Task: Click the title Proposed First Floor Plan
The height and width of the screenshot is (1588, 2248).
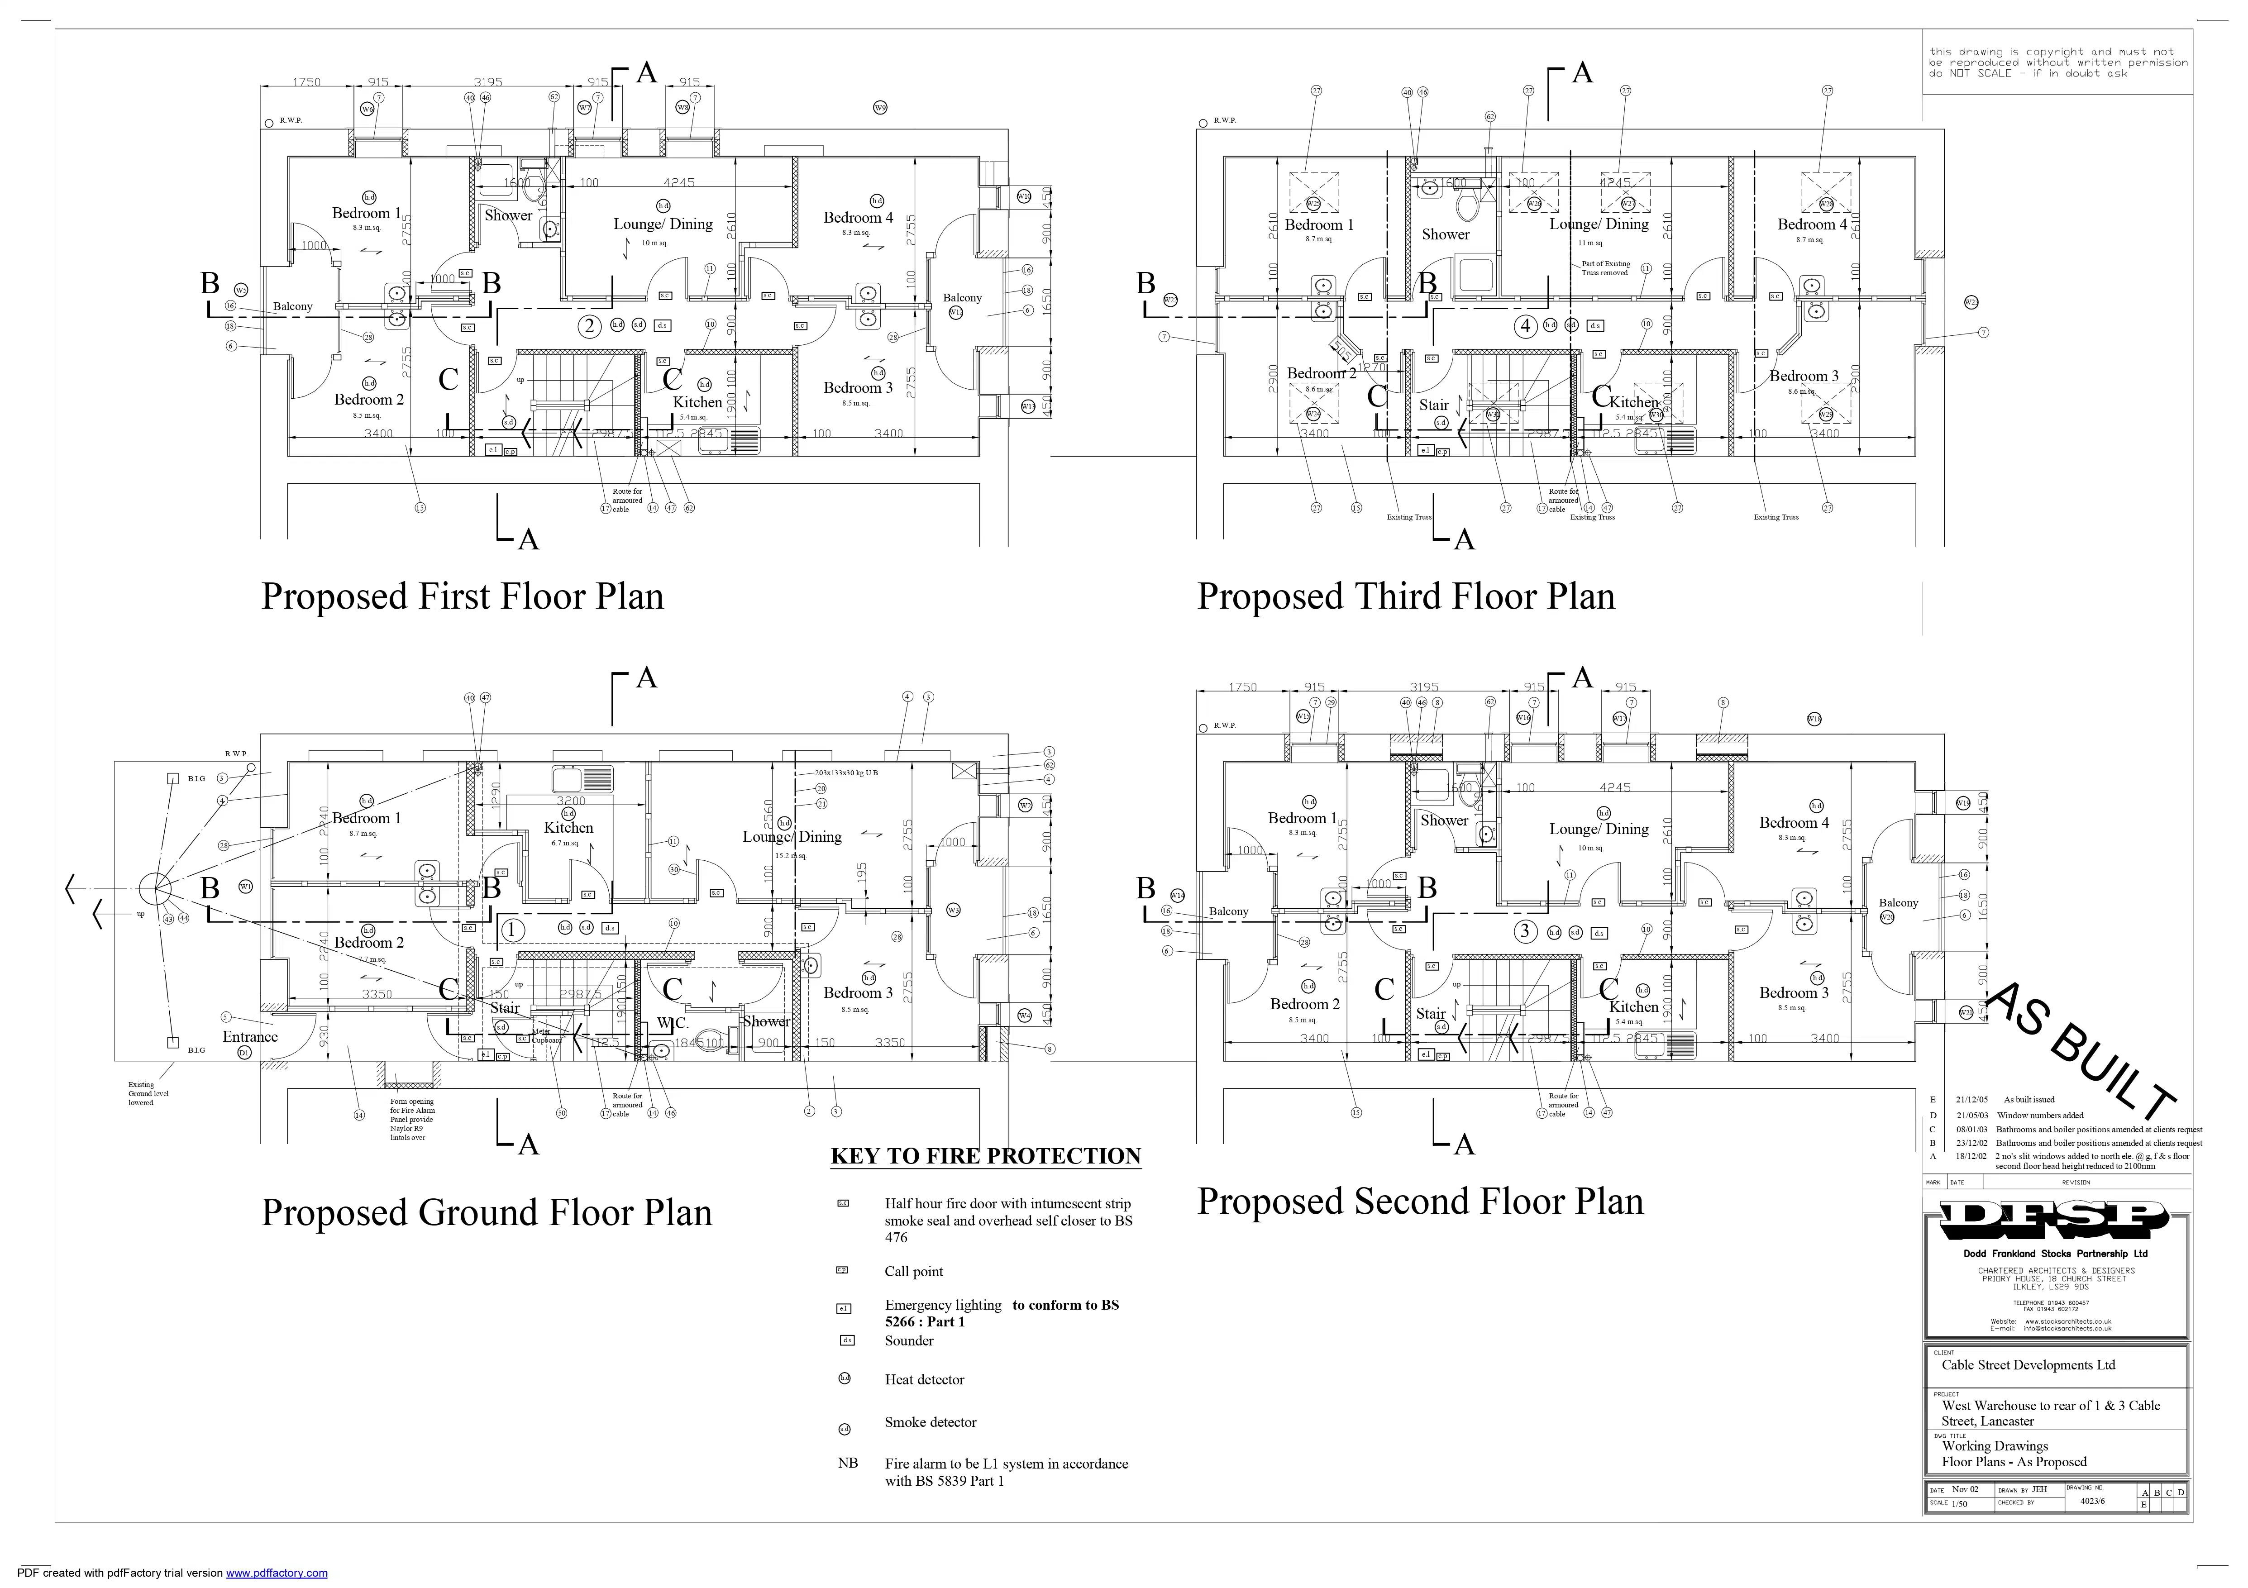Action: [x=462, y=596]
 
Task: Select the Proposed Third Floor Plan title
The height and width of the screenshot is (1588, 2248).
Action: [x=1406, y=596]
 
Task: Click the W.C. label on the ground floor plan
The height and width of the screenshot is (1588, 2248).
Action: [x=673, y=1022]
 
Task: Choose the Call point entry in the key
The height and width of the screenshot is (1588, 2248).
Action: [x=913, y=1272]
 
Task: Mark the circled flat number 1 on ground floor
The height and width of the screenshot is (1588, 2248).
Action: [x=512, y=930]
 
